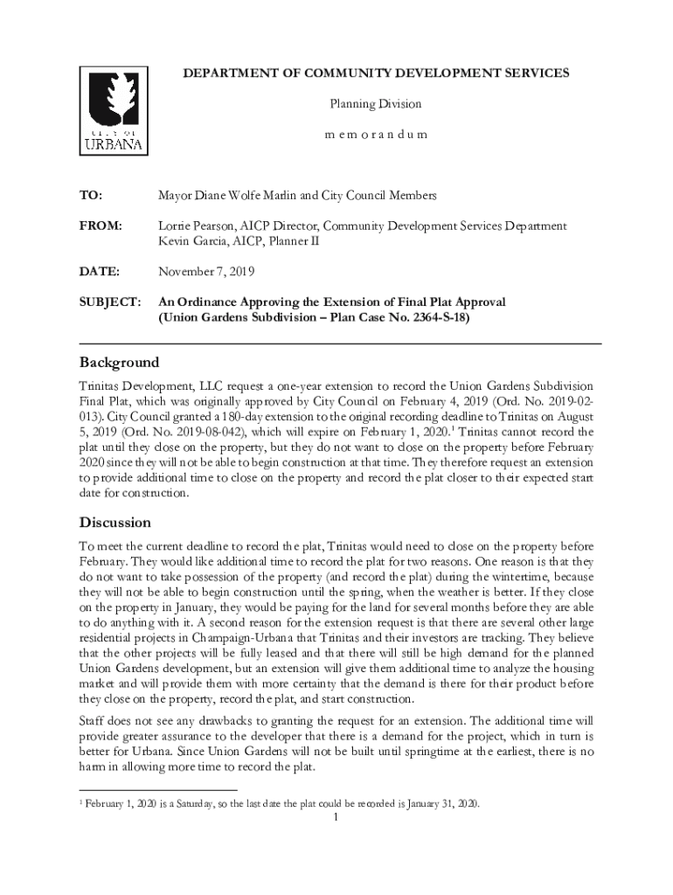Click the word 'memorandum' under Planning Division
point(376,135)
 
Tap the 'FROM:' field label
point(101,226)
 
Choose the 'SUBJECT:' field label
point(109,302)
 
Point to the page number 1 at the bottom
point(336,819)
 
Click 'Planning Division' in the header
point(375,104)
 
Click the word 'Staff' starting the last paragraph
point(94,721)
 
